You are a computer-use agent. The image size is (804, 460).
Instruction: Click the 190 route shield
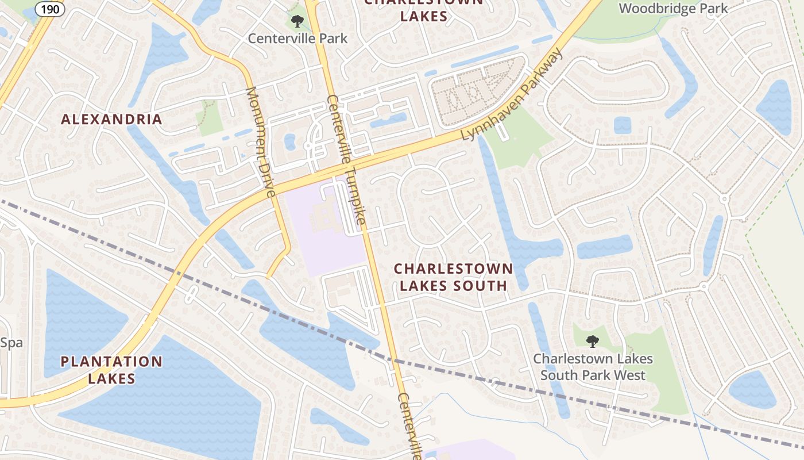50,9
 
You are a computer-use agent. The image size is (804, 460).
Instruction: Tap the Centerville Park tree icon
297,22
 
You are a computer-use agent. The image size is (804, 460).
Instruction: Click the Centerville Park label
297,39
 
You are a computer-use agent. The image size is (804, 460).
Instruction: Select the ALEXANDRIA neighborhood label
111,120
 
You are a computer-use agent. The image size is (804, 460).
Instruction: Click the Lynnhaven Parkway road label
513,95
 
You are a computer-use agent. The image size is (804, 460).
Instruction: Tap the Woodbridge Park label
674,9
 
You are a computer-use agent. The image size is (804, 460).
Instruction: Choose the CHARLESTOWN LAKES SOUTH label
453,277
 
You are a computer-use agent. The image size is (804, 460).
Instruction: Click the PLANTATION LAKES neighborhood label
111,370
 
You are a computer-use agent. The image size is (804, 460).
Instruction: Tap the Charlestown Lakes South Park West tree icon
592,342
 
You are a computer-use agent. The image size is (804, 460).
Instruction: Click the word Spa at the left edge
11,343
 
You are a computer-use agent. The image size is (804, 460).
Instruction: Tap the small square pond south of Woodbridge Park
622,125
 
